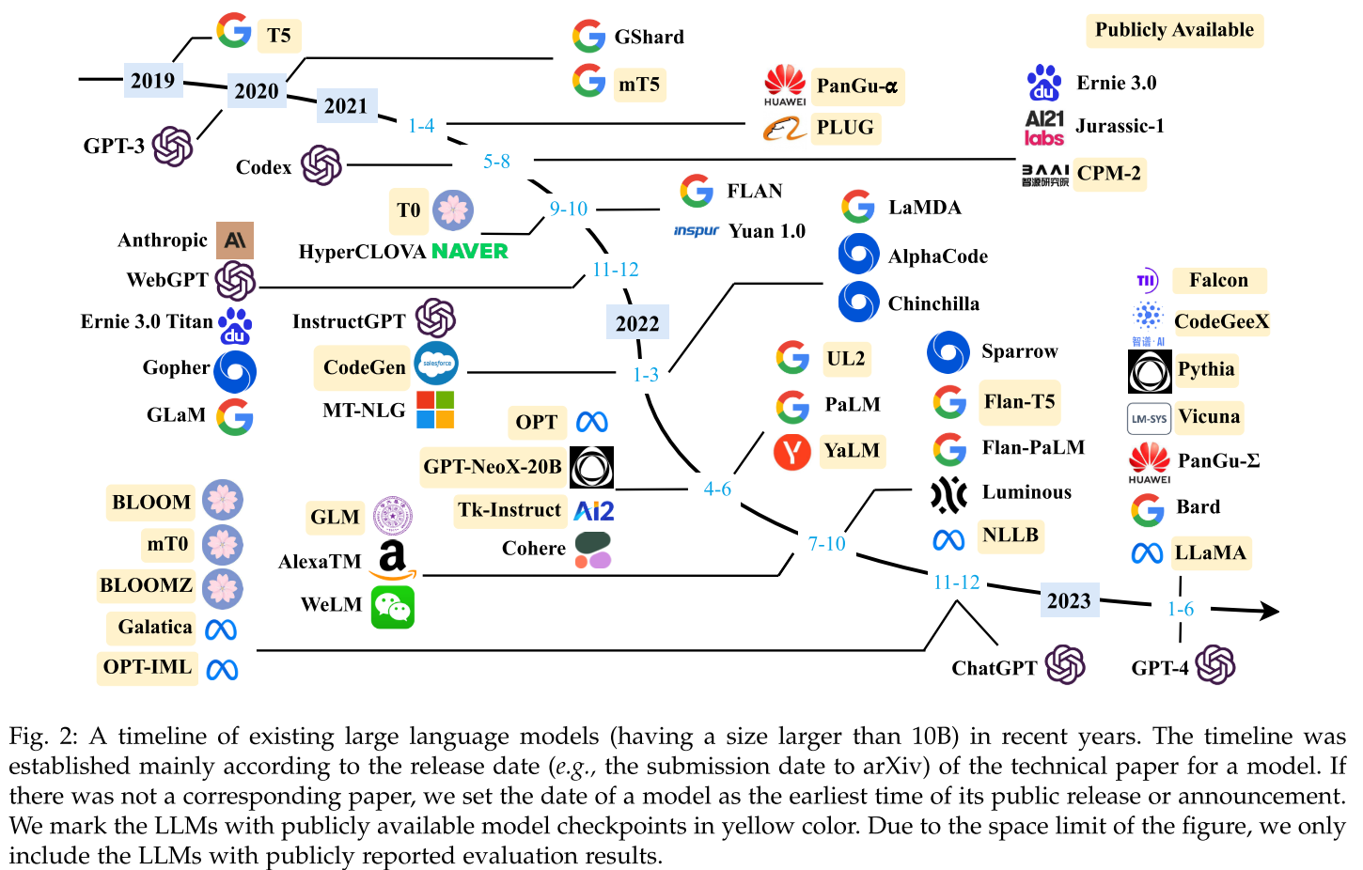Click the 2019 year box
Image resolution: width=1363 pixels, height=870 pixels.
pyautogui.click(x=152, y=80)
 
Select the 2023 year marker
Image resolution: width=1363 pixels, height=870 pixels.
pyautogui.click(x=1069, y=600)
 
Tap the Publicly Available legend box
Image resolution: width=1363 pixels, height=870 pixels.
pyautogui.click(x=1174, y=30)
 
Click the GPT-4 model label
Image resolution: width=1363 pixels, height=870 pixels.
pyautogui.click(x=1159, y=668)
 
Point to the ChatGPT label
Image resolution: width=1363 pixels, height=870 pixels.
pyautogui.click(x=994, y=668)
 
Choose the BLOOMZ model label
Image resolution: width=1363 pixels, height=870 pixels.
pyautogui.click(x=146, y=585)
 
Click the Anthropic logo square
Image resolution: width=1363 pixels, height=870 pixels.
pyautogui.click(x=235, y=241)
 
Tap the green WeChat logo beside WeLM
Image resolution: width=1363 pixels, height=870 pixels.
pyautogui.click(x=393, y=607)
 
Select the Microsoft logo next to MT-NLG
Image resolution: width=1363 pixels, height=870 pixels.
pyautogui.click(x=435, y=410)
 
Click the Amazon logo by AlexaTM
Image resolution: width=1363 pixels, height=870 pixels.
pyautogui.click(x=393, y=559)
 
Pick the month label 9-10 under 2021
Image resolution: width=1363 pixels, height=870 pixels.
pyautogui.click(x=569, y=209)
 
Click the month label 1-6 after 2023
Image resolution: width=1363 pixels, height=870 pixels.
pyautogui.click(x=1181, y=609)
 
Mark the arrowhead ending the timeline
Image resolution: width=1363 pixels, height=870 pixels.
pyautogui.click(x=1270, y=612)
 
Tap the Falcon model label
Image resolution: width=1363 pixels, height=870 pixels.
pyautogui.click(x=1218, y=280)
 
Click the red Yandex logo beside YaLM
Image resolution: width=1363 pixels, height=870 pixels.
pyautogui.click(x=792, y=452)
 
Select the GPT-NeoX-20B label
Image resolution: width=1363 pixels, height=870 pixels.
pyautogui.click(x=493, y=467)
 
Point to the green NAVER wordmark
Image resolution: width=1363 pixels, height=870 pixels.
pyautogui.click(x=469, y=252)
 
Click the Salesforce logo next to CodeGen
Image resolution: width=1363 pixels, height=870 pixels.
pyautogui.click(x=436, y=364)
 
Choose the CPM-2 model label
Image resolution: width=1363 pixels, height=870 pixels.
pyautogui.click(x=1109, y=173)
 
